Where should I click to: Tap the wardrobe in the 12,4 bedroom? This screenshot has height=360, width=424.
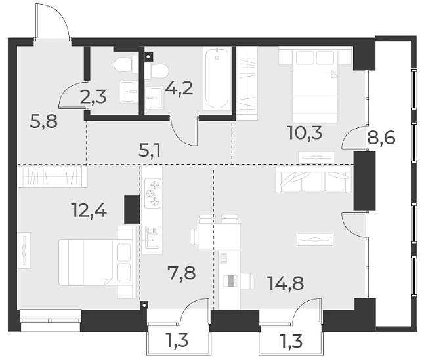tap(52, 175)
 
